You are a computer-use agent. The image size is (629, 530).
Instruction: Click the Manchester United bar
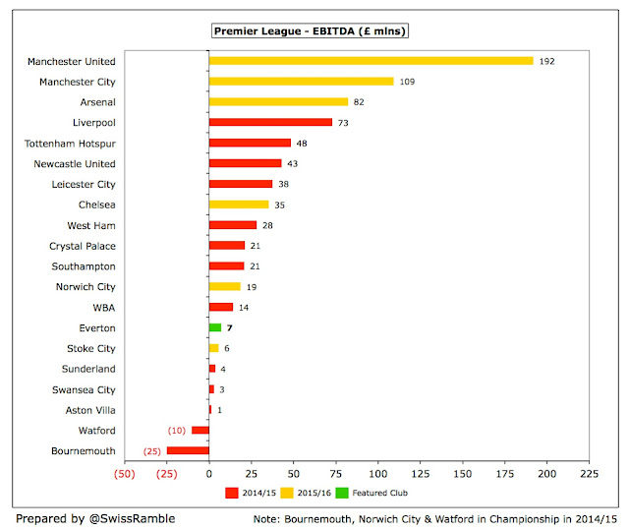coord(372,61)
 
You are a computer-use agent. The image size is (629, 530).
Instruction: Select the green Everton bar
coord(215,327)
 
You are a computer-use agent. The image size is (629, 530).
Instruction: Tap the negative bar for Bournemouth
coord(188,450)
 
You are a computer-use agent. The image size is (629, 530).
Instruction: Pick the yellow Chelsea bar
coord(239,205)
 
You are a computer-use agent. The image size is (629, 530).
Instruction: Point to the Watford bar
coord(200,430)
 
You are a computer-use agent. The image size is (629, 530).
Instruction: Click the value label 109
coord(407,82)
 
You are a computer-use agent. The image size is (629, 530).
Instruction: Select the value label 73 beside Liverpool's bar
coord(343,123)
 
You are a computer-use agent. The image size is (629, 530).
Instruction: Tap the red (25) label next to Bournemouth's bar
coord(152,451)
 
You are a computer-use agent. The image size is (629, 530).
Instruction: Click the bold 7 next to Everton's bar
coord(229,328)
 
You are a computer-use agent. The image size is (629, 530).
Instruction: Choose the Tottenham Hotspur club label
coord(70,144)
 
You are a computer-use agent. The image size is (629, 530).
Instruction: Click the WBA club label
coord(104,308)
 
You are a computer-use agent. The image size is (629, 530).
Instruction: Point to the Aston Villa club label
coord(90,410)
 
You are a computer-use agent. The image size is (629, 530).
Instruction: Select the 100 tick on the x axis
coord(377,474)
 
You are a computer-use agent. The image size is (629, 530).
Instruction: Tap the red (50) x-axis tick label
coord(125,474)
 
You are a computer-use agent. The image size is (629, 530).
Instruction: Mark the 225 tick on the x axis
coord(589,474)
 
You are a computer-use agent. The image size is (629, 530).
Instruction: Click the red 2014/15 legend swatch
coord(232,493)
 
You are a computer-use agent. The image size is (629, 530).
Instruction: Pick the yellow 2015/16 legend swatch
coord(287,493)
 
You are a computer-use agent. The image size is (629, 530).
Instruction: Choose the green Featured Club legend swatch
coord(342,493)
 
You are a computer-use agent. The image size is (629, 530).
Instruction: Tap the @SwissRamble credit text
coord(132,519)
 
